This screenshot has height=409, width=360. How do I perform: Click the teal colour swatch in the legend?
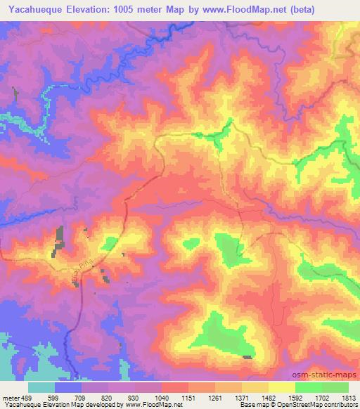(41, 387)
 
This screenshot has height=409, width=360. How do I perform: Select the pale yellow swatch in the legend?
(282, 387)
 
